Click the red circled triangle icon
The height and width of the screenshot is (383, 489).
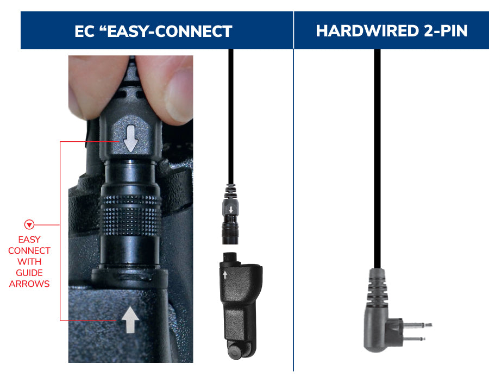pyautogui.click(x=29, y=225)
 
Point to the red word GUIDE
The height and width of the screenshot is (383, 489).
pyautogui.click(x=29, y=273)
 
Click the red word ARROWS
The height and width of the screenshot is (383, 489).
pyautogui.click(x=29, y=284)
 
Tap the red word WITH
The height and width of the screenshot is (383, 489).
pyautogui.click(x=29, y=262)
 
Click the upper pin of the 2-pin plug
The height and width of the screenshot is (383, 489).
pyautogui.click(x=418, y=325)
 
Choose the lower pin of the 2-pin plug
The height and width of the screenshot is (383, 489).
pyautogui.click(x=416, y=339)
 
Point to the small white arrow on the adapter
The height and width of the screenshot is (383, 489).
pyautogui.click(x=224, y=274)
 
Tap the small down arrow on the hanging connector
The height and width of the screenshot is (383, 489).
pyautogui.click(x=230, y=209)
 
